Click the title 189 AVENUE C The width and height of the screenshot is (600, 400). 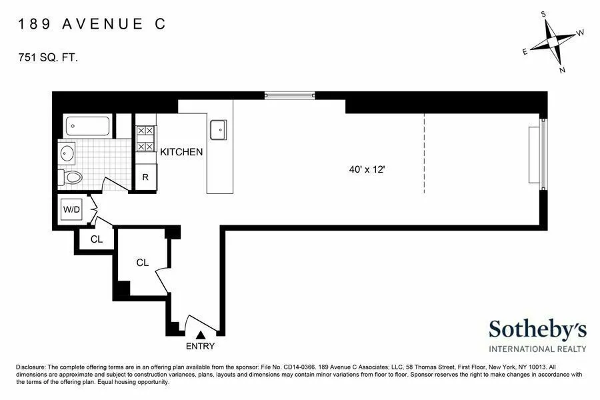(x=91, y=25)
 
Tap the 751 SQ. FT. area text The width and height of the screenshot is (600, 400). (x=49, y=58)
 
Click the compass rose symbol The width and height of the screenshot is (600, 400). (x=553, y=41)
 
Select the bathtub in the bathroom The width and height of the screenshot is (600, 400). (x=87, y=126)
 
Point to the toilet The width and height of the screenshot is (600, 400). (x=70, y=177)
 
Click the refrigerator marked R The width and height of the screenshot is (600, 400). (x=145, y=178)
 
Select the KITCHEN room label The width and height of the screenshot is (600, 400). (x=181, y=152)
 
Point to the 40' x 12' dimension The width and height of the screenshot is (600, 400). (x=367, y=170)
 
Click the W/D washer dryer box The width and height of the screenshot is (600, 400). (x=71, y=209)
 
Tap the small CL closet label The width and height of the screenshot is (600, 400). (x=97, y=239)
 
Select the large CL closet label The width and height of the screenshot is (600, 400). (x=142, y=263)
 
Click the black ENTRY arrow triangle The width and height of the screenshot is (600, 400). (x=201, y=334)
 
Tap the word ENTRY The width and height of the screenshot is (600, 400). (x=201, y=346)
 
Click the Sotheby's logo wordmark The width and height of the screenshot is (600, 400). (x=537, y=329)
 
